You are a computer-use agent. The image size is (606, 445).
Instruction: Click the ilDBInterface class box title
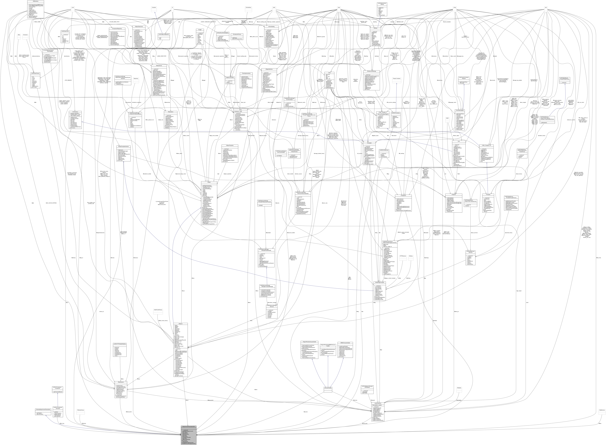coord(36,1)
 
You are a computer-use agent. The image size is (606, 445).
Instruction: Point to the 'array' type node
coord(339,8)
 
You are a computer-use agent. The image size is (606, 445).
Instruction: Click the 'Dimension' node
coord(26,35)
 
